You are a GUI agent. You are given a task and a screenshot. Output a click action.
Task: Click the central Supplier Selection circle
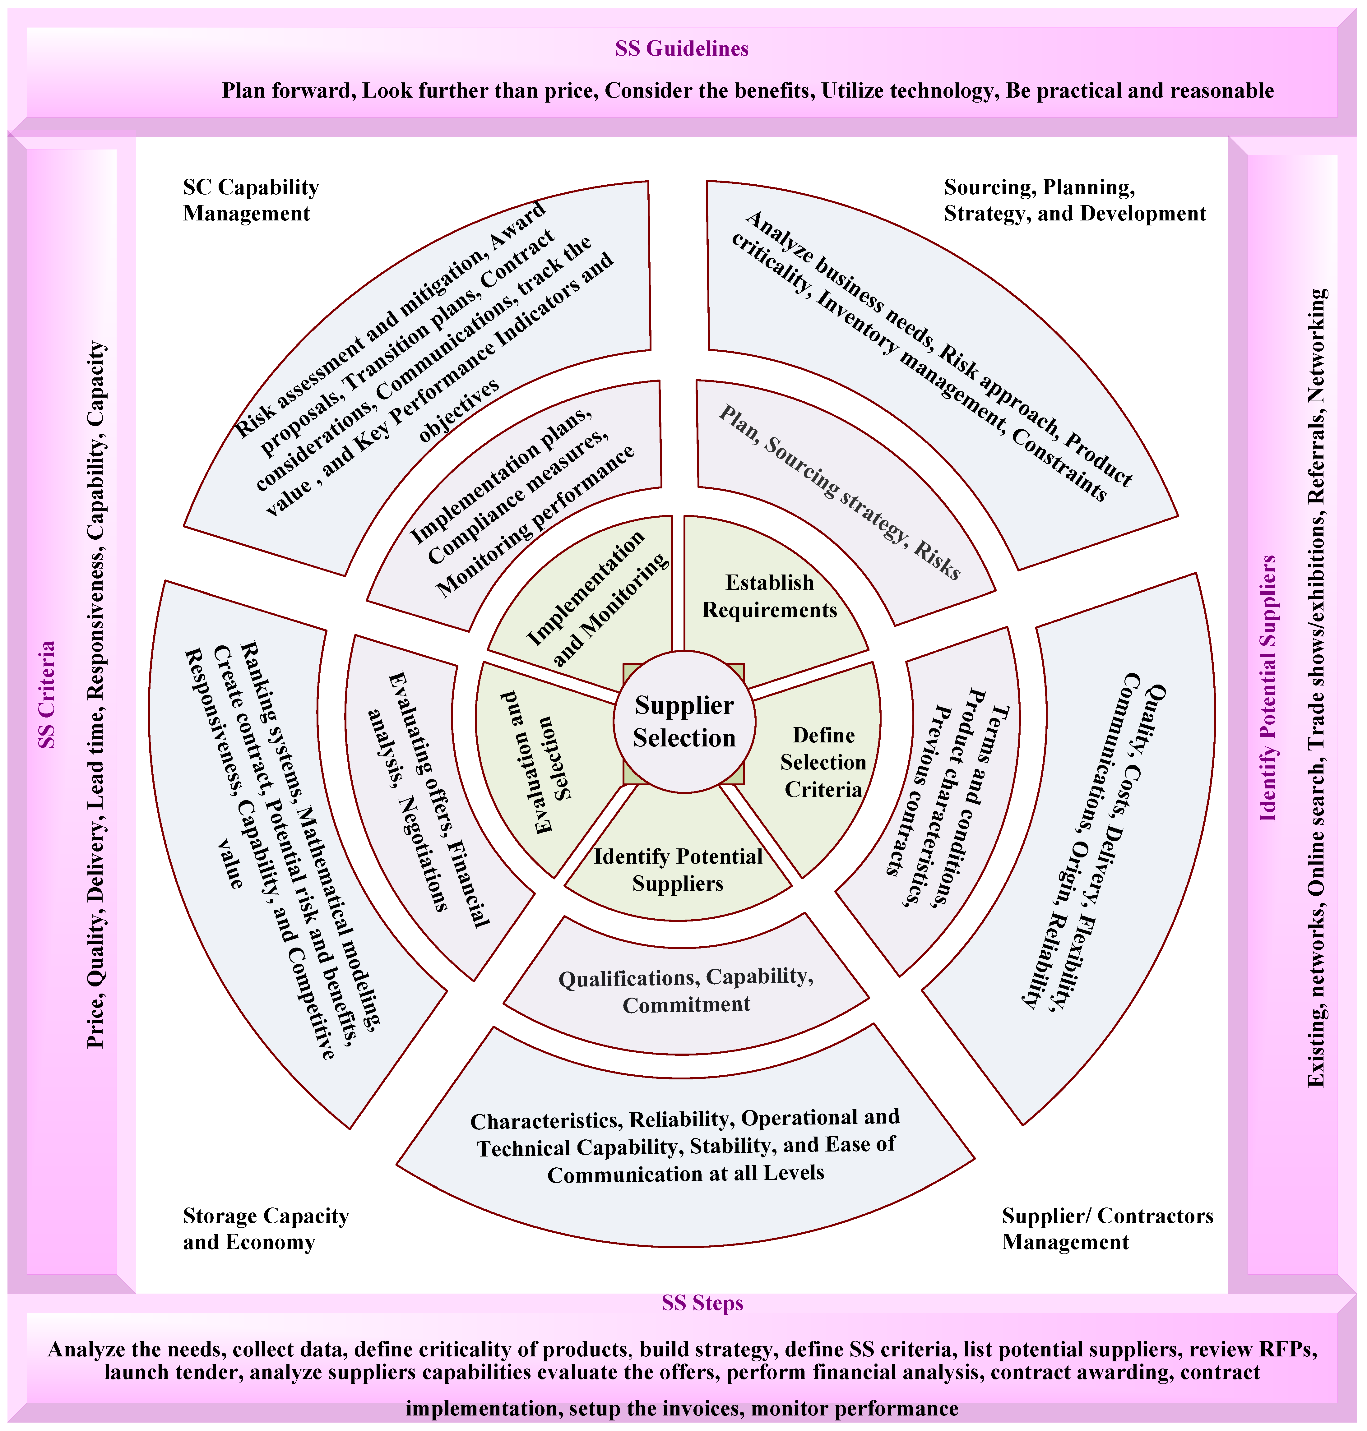pyautogui.click(x=683, y=721)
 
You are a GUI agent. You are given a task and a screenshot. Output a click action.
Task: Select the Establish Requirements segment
pyautogui.click(x=770, y=596)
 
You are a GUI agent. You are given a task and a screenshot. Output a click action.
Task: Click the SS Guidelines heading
pyautogui.click(x=682, y=49)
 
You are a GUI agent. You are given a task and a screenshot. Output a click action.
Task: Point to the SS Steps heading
pyautogui.click(x=702, y=1303)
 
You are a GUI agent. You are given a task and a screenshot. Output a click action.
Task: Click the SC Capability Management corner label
pyautogui.click(x=251, y=201)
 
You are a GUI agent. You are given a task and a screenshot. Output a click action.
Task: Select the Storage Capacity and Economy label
pyautogui.click(x=265, y=1228)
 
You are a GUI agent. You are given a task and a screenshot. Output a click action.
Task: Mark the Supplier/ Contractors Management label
pyautogui.click(x=1107, y=1228)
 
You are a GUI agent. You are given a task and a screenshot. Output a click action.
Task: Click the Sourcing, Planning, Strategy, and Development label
pyautogui.click(x=1075, y=201)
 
